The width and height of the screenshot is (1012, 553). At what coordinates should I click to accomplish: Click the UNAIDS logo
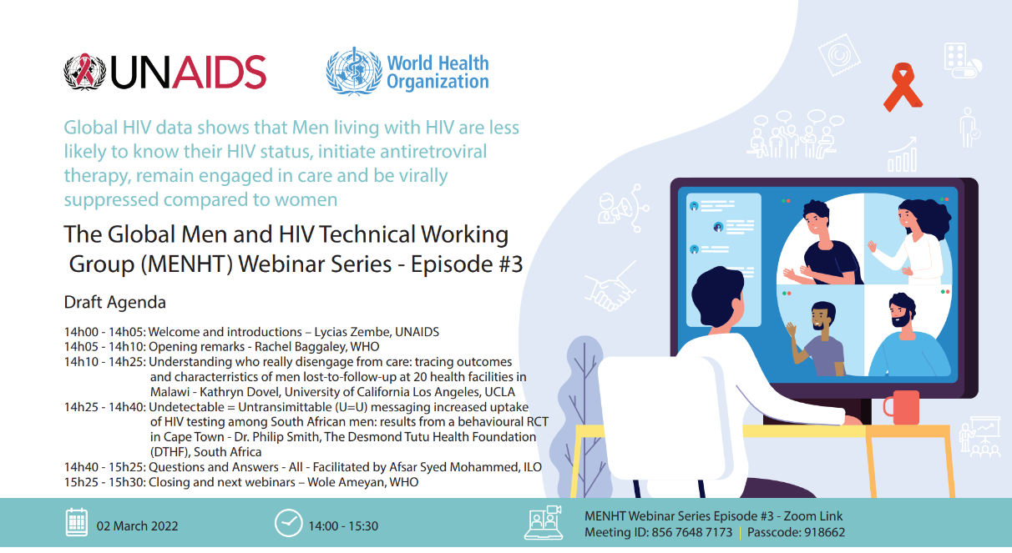point(164,72)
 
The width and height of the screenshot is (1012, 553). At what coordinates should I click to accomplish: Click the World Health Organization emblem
point(353,72)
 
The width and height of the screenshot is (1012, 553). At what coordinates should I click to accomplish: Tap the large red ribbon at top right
point(903,87)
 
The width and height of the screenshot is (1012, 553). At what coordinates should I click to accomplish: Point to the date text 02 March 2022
point(137,526)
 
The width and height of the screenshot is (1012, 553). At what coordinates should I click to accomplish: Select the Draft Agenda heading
point(115,302)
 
